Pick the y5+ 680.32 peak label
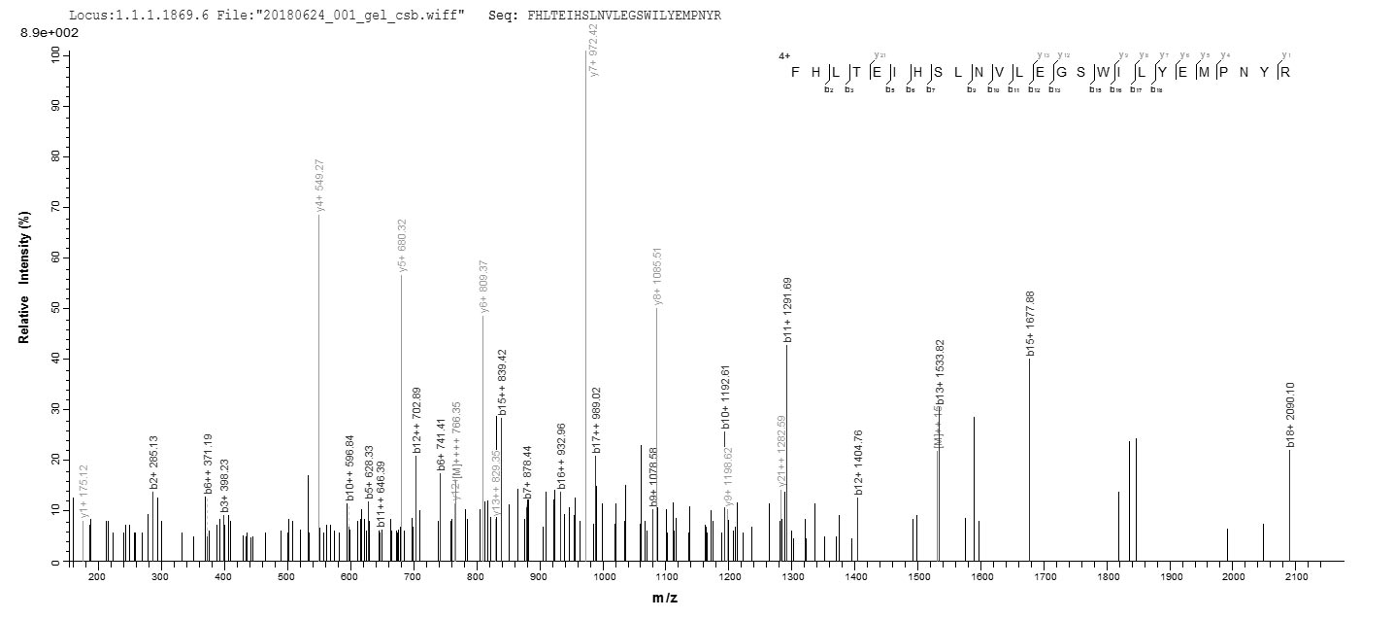click(403, 245)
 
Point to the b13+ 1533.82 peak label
click(940, 372)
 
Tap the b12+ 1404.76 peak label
click(858, 462)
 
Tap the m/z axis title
click(665, 598)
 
